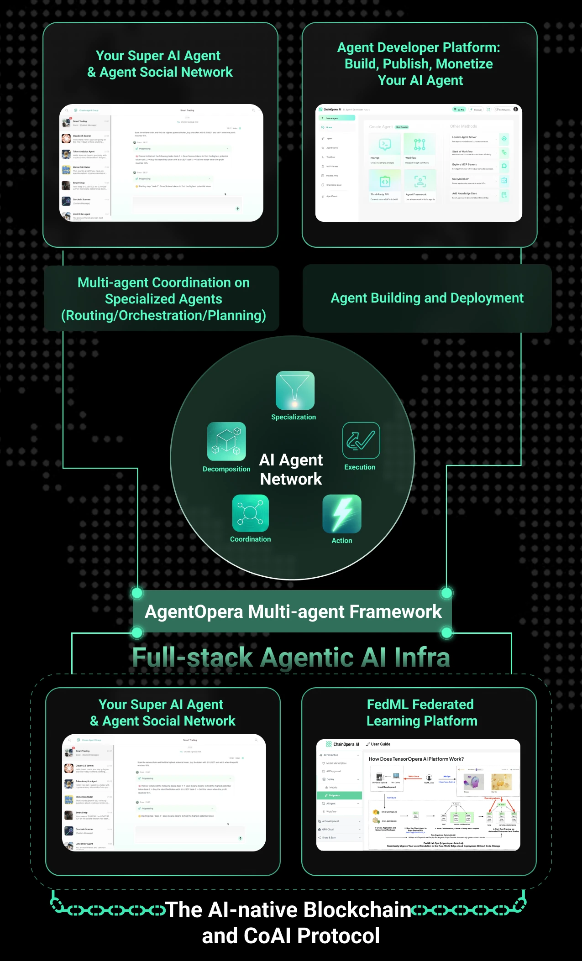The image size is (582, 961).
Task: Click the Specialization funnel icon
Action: (295, 390)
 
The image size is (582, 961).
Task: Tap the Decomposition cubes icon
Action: (226, 441)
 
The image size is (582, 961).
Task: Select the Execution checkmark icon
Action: (361, 440)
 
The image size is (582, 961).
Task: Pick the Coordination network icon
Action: (250, 513)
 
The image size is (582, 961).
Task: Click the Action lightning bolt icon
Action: (342, 514)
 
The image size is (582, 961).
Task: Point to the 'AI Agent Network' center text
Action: (291, 469)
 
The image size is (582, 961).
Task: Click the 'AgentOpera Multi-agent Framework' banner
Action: (293, 611)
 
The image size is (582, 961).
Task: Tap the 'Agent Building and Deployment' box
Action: (427, 298)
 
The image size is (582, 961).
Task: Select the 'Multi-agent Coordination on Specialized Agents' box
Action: (163, 299)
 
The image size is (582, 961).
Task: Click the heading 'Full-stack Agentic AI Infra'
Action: (291, 657)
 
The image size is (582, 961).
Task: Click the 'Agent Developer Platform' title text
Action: (419, 64)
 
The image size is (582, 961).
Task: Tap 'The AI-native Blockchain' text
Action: (288, 909)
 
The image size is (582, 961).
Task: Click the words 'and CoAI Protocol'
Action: (291, 936)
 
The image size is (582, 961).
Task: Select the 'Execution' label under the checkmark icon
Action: (360, 467)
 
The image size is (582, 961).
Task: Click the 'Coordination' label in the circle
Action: (250, 539)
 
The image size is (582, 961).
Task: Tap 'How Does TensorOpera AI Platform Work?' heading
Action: (416, 759)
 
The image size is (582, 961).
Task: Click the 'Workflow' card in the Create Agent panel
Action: (419, 148)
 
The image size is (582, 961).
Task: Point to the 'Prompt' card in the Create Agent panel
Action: (384, 148)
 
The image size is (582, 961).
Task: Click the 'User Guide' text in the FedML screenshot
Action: (380, 744)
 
